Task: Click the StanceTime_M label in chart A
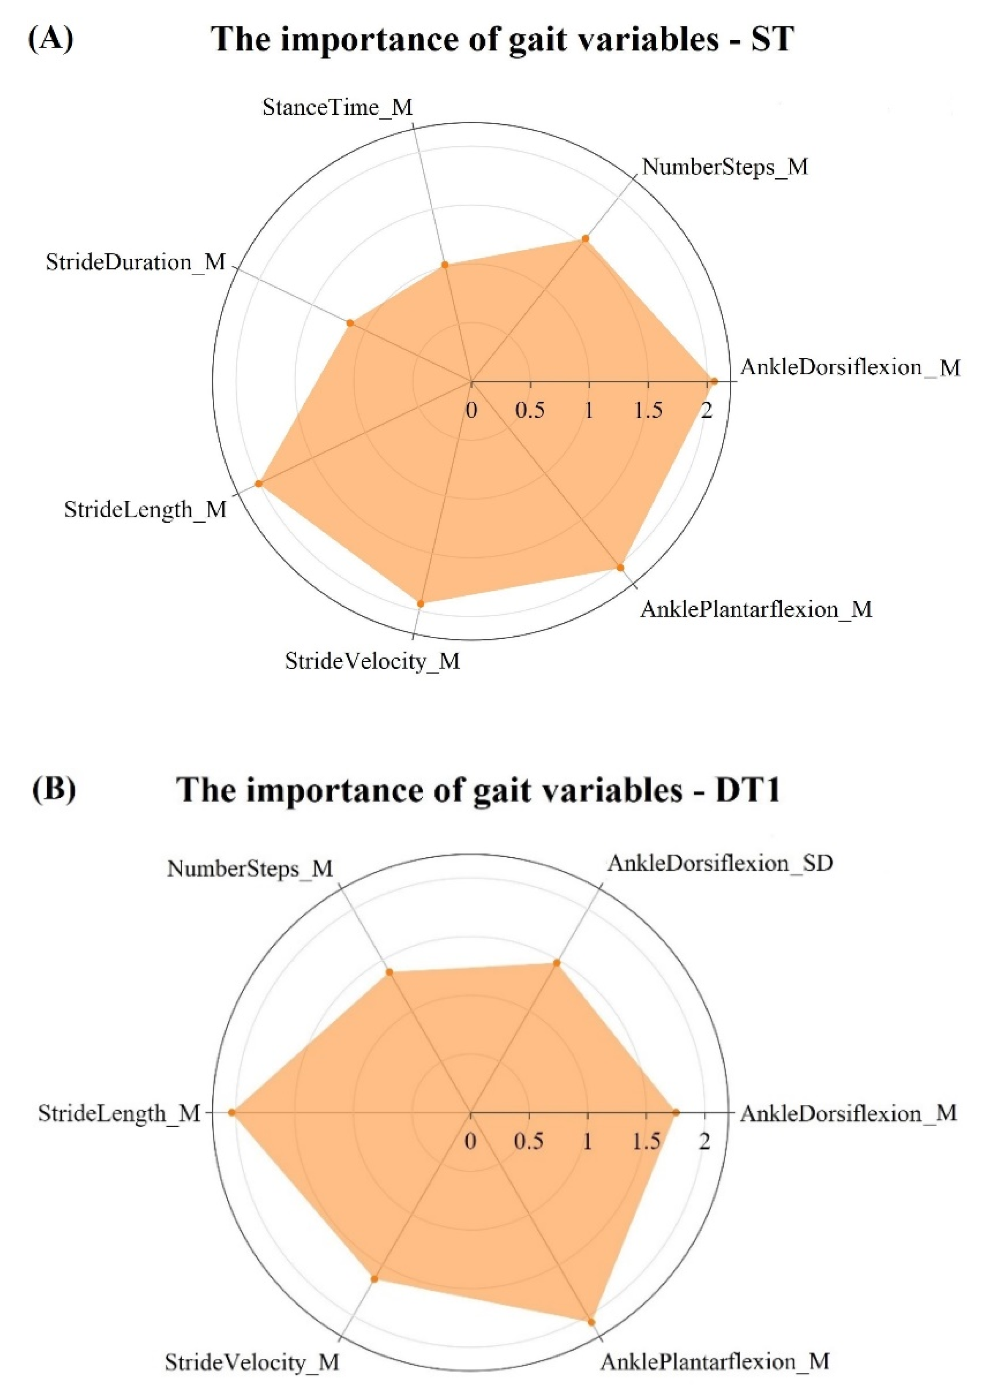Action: (338, 108)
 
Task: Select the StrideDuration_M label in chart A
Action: (135, 263)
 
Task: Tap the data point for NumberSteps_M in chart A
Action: (585, 238)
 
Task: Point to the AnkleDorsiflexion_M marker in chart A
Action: (714, 382)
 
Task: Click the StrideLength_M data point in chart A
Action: (258, 483)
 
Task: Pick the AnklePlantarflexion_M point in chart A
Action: (621, 567)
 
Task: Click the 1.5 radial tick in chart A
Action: (648, 410)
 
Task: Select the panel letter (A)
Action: (51, 40)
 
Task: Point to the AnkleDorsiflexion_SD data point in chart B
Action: (556, 963)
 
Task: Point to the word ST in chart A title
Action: (773, 40)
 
